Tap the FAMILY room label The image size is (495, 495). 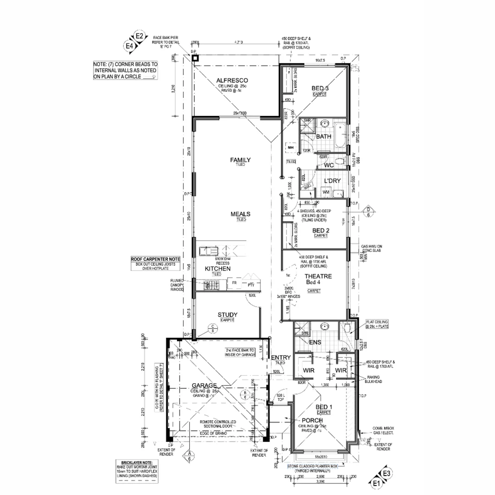[240, 160]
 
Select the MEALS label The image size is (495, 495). [240, 214]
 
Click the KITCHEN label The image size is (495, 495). [217, 269]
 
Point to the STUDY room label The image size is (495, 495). [227, 314]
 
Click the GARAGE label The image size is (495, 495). [204, 385]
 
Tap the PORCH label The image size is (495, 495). [313, 420]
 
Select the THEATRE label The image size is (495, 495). [318, 276]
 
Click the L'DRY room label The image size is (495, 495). [332, 181]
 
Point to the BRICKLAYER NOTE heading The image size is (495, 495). [137, 463]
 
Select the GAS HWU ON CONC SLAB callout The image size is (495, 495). [372, 249]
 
